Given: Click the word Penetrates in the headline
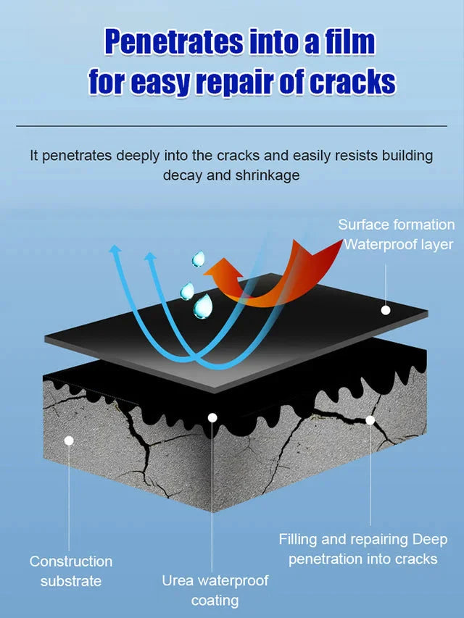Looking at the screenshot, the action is pyautogui.click(x=173, y=41).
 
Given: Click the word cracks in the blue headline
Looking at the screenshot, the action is pyautogui.click(x=352, y=82).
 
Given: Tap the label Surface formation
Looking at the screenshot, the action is pyautogui.click(x=396, y=225).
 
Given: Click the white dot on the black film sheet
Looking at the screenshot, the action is pyautogui.click(x=386, y=310).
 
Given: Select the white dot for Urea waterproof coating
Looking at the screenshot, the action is pyautogui.click(x=212, y=417).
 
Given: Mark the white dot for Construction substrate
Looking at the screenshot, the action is pyautogui.click(x=69, y=440).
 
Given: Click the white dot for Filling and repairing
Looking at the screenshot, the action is pyautogui.click(x=370, y=420).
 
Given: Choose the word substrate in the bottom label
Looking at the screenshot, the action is pyautogui.click(x=71, y=581).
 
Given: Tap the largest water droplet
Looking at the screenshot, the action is pyautogui.click(x=202, y=306).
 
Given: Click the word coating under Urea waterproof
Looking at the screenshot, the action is pyautogui.click(x=215, y=601).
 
